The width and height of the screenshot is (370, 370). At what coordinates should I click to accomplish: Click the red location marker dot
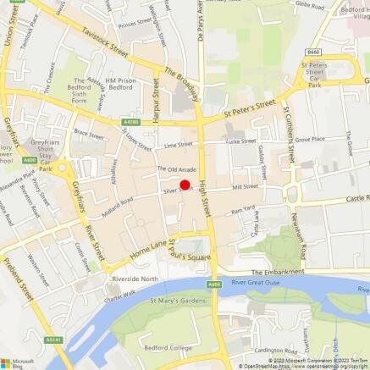click(x=185, y=184)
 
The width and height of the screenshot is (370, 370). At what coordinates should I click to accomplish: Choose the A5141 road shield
click(x=54, y=340)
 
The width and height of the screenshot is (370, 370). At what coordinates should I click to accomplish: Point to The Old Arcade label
click(x=176, y=169)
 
